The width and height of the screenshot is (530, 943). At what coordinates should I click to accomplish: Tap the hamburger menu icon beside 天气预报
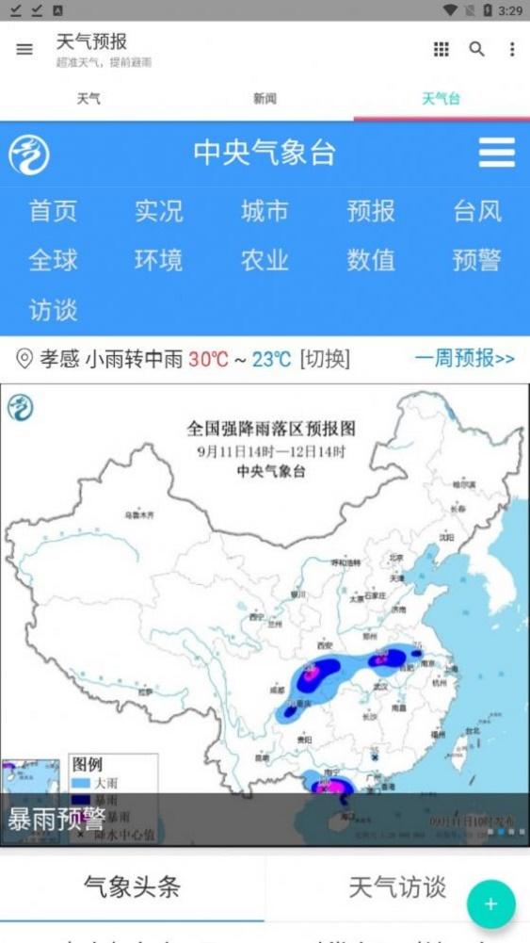pos(24,50)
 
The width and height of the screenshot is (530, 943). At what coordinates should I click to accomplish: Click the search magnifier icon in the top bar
pos(477,49)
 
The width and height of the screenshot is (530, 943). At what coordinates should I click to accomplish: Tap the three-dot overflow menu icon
pos(511,49)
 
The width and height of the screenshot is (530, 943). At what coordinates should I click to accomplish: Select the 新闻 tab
pos(265,98)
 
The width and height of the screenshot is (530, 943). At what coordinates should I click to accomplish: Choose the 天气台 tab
pos(441,98)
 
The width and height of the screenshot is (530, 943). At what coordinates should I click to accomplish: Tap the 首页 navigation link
pos(53,211)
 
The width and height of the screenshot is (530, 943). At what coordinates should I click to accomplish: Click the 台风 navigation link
pos(476,211)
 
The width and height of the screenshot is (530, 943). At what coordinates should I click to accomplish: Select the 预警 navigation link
pos(476,260)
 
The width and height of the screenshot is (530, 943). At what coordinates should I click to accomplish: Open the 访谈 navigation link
pos(53,309)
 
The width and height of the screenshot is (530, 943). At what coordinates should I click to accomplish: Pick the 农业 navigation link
pos(265,260)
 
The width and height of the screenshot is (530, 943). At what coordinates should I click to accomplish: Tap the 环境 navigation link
pos(158,260)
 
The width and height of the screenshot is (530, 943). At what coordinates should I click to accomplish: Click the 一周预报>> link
pos(464,359)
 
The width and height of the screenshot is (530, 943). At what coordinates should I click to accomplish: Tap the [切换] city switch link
pos(324,359)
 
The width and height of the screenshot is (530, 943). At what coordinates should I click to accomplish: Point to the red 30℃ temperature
pos(208,359)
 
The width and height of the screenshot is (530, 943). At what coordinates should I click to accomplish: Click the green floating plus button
pos(490,904)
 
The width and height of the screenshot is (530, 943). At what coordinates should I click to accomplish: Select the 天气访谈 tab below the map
pos(397,886)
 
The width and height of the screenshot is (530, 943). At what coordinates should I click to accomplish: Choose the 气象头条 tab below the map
pos(132,886)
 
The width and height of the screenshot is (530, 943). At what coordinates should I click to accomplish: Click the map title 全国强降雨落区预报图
pos(270,430)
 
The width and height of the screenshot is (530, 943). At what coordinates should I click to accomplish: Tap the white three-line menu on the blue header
pos(496,153)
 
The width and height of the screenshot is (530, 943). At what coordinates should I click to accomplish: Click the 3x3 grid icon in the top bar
pos(441,49)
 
